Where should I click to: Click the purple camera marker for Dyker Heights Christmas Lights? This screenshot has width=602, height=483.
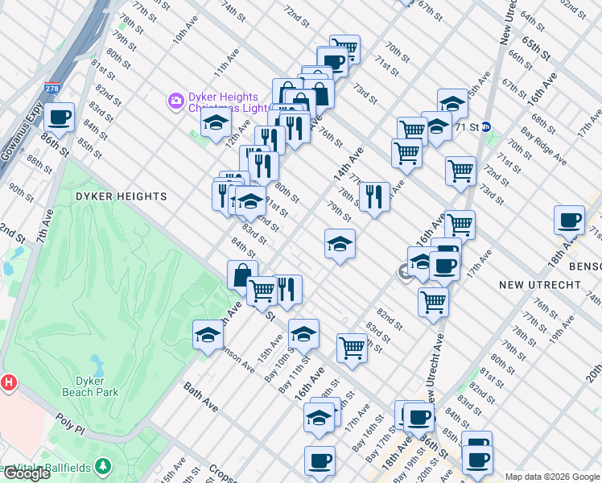(175, 101)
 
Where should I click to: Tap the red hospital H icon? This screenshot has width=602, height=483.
(9, 382)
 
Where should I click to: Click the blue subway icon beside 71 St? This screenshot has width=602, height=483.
(487, 126)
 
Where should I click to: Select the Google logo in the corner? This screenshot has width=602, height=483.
(26, 473)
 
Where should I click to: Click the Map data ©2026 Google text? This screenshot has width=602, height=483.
(552, 477)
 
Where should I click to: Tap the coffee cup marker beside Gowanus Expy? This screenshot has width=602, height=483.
(60, 118)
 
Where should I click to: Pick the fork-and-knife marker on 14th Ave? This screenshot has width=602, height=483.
(374, 197)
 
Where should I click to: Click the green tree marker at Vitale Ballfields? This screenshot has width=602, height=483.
(102, 466)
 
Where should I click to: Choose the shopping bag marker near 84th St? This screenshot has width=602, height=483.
(242, 275)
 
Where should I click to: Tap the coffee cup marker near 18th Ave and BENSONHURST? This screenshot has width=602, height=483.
(570, 220)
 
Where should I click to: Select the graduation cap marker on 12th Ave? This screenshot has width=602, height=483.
(216, 123)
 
